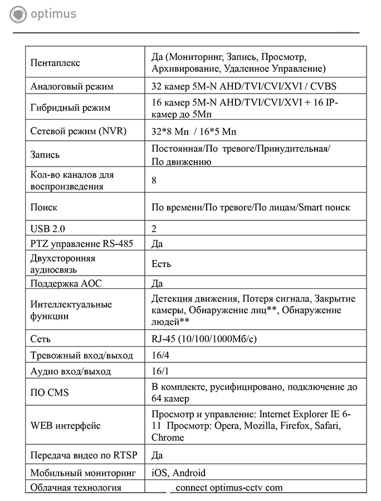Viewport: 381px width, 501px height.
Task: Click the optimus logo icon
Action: pyautogui.click(x=18, y=14)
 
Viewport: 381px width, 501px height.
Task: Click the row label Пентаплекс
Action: pyautogui.click(x=55, y=63)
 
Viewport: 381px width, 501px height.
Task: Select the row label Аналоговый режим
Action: pyautogui.click(x=72, y=87)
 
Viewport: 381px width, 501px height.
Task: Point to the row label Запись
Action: pyautogui.click(x=45, y=155)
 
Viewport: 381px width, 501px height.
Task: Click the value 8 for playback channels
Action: pyautogui.click(x=154, y=180)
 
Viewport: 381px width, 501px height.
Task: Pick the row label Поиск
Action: pyautogui.click(x=44, y=207)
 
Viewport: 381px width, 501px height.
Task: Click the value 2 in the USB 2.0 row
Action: pyautogui.click(x=154, y=229)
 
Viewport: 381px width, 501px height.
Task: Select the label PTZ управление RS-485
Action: pyautogui.click(x=82, y=244)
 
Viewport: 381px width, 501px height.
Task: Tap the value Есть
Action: pyautogui.click(x=161, y=264)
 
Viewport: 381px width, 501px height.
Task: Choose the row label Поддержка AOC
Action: pyautogui.click(x=66, y=283)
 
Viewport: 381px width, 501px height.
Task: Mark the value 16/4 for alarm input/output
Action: pyautogui.click(x=160, y=355)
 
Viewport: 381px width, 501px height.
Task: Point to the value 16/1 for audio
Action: pyautogui.click(x=160, y=371)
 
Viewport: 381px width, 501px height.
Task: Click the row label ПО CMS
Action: pyautogui.click(x=50, y=393)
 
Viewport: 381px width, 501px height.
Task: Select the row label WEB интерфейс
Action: pyautogui.click(x=66, y=426)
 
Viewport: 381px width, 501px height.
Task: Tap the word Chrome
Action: pyautogui.click(x=167, y=438)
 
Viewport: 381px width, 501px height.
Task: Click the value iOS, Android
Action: pyautogui.click(x=178, y=473)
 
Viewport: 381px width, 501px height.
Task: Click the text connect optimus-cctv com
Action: pyautogui.click(x=228, y=488)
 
